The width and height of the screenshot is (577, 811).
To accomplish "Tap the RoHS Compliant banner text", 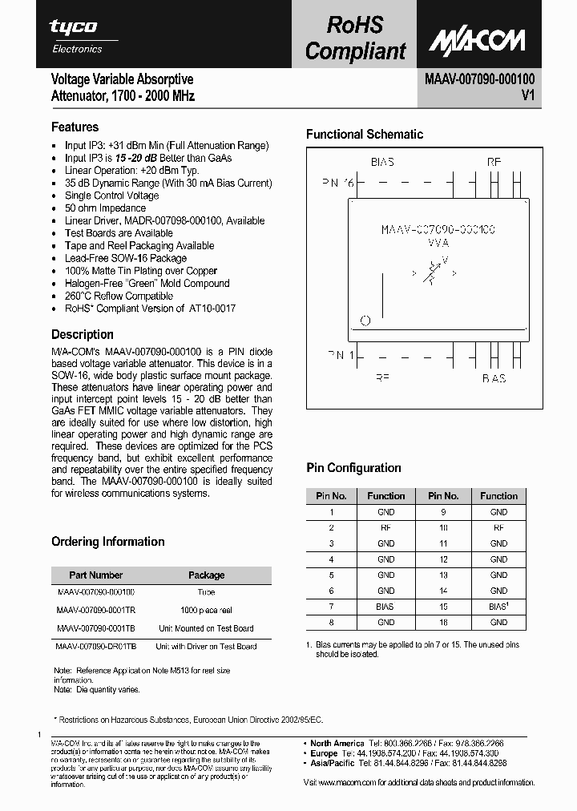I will [x=355, y=38].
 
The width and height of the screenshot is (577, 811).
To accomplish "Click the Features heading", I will [x=75, y=127].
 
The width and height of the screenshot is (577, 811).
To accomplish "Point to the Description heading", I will [x=83, y=334].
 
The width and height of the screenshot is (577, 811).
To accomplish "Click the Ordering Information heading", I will [x=108, y=542].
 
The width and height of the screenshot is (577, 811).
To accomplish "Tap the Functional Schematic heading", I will [x=365, y=134].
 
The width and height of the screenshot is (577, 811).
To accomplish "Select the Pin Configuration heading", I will [x=353, y=468].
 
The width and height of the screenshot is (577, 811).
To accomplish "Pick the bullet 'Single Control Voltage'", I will [x=111, y=196].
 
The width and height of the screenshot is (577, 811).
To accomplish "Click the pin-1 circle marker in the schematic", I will [x=365, y=321].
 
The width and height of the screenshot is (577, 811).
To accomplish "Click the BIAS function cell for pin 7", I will [x=385, y=607].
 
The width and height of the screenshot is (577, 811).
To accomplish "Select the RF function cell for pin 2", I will [x=385, y=527].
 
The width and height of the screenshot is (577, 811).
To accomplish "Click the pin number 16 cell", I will [x=443, y=622].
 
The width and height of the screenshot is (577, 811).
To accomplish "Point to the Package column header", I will [x=206, y=575].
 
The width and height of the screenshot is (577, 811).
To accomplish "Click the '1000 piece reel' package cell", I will [x=206, y=611].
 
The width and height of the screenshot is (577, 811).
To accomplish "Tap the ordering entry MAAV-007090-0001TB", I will [x=96, y=628].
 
